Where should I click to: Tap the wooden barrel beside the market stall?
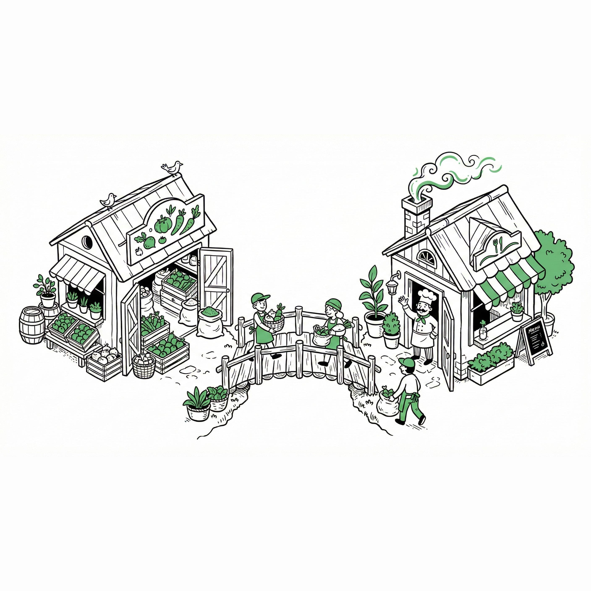[32, 325]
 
